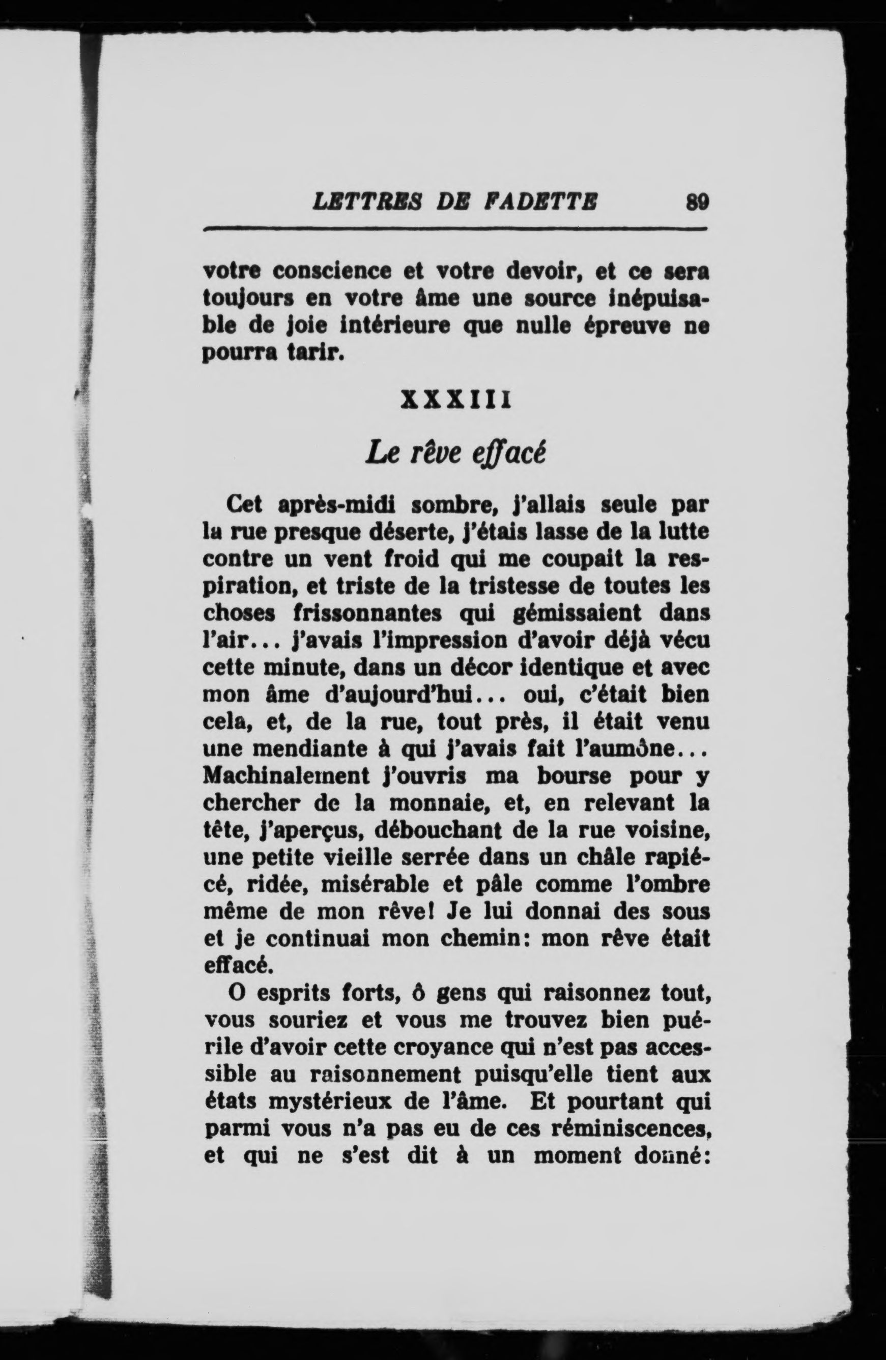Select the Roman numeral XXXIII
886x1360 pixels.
[455, 399]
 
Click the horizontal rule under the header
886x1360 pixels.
[455, 229]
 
